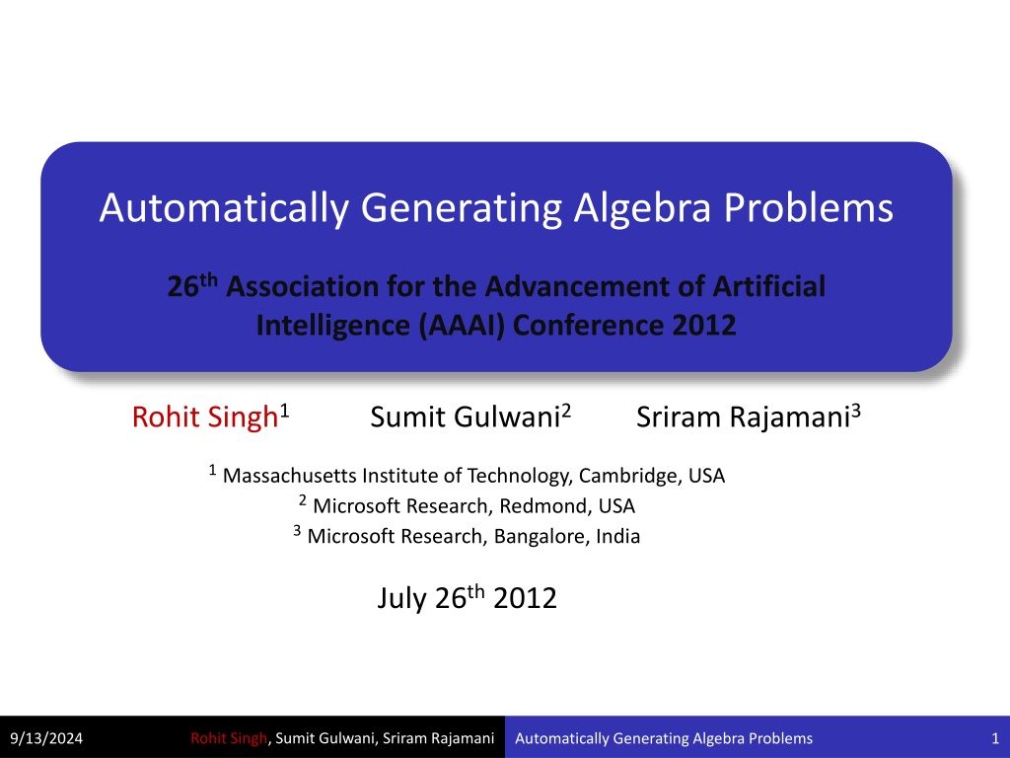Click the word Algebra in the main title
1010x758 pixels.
coord(642,207)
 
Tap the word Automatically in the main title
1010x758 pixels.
coord(224,209)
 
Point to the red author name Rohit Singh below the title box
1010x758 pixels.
coord(205,417)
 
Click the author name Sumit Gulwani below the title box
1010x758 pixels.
coord(466,417)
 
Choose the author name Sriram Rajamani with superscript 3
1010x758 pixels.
coord(749,417)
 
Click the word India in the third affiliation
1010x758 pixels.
coord(617,536)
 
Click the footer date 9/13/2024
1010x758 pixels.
coord(46,738)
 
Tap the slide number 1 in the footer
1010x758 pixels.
coord(995,738)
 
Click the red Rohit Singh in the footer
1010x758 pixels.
coord(229,738)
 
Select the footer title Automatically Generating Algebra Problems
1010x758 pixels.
coord(664,738)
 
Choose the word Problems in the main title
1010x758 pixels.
coord(809,207)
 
